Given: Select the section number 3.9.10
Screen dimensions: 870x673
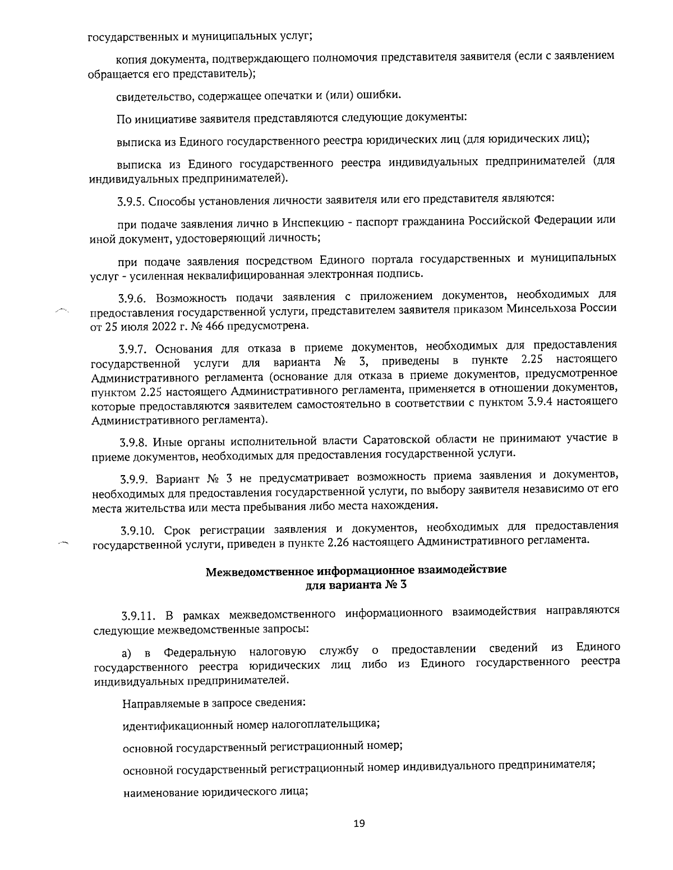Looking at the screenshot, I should (139, 529).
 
